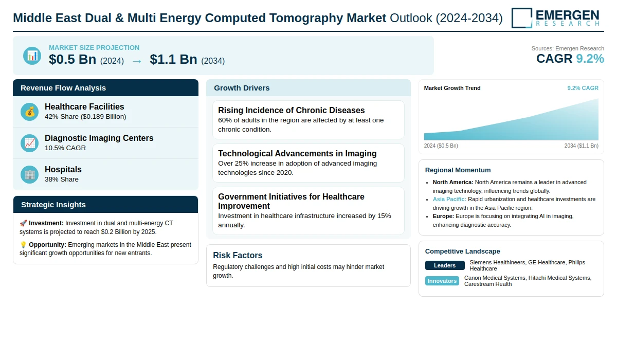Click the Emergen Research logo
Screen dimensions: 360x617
pyautogui.click(x=556, y=17)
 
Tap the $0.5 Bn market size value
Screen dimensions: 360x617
pyautogui.click(x=72, y=60)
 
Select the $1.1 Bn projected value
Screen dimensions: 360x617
pyautogui.click(x=173, y=60)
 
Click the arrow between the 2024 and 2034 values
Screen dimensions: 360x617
pyautogui.click(x=137, y=61)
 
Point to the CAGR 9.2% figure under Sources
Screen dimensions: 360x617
pyautogui.click(x=570, y=59)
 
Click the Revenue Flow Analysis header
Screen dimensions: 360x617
pyautogui.click(x=63, y=88)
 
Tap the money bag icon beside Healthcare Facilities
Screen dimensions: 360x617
pyautogui.click(x=30, y=112)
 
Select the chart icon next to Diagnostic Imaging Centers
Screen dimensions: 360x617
pyautogui.click(x=30, y=143)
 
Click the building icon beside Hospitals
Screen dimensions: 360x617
pyautogui.click(x=30, y=174)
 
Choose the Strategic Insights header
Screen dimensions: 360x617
pyautogui.click(x=53, y=205)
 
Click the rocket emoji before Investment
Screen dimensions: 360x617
pyautogui.click(x=23, y=223)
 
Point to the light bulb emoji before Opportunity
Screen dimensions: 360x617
pyautogui.click(x=23, y=245)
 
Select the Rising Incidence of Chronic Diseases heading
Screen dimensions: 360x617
pyautogui.click(x=291, y=110)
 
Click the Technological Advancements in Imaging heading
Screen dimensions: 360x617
pyautogui.click(x=297, y=153)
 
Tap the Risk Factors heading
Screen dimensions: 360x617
pyautogui.click(x=238, y=255)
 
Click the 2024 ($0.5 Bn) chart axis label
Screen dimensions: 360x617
pyautogui.click(x=441, y=146)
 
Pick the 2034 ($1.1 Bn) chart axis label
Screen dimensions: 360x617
pyautogui.click(x=581, y=146)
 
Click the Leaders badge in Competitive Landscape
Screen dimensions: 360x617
pyautogui.click(x=445, y=265)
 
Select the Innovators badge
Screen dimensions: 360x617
pyautogui.click(x=442, y=281)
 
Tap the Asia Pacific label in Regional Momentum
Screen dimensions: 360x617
pyautogui.click(x=449, y=199)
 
